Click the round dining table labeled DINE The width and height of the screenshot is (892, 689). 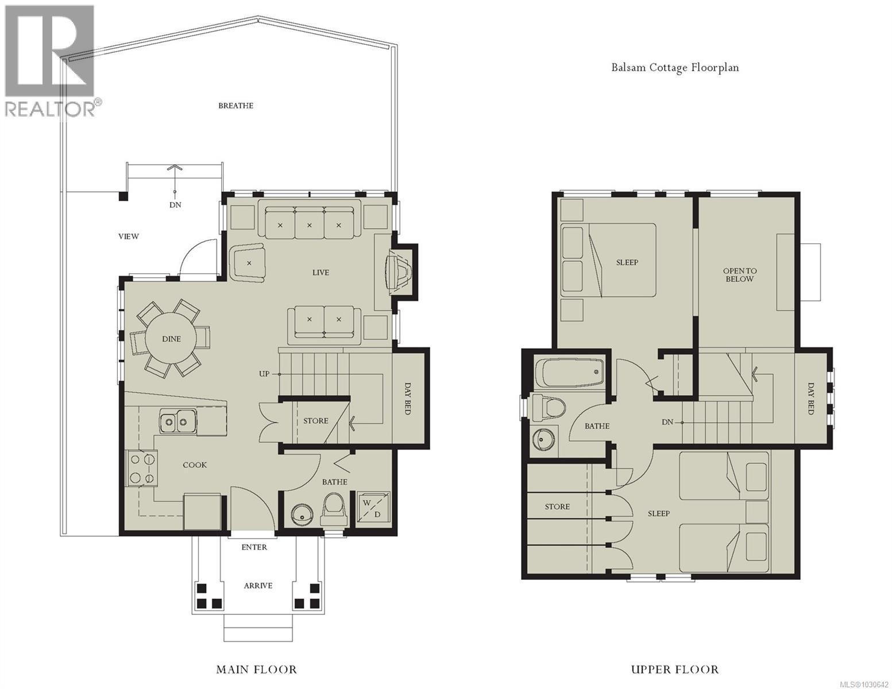click(x=171, y=339)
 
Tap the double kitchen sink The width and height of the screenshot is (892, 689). click(x=176, y=423)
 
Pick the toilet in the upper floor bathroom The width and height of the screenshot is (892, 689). click(x=547, y=409)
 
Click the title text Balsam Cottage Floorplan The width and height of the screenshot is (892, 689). click(x=674, y=68)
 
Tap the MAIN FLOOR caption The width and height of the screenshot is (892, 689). click(x=256, y=669)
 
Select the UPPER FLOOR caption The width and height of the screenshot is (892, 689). click(x=674, y=669)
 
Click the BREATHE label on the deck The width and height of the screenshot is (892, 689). click(x=235, y=106)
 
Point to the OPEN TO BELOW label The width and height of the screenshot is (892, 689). click(x=739, y=274)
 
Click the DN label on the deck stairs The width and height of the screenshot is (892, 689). click(x=175, y=205)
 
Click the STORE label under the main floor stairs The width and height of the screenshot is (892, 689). click(x=315, y=421)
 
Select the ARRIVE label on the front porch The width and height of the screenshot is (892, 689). click(x=257, y=586)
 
